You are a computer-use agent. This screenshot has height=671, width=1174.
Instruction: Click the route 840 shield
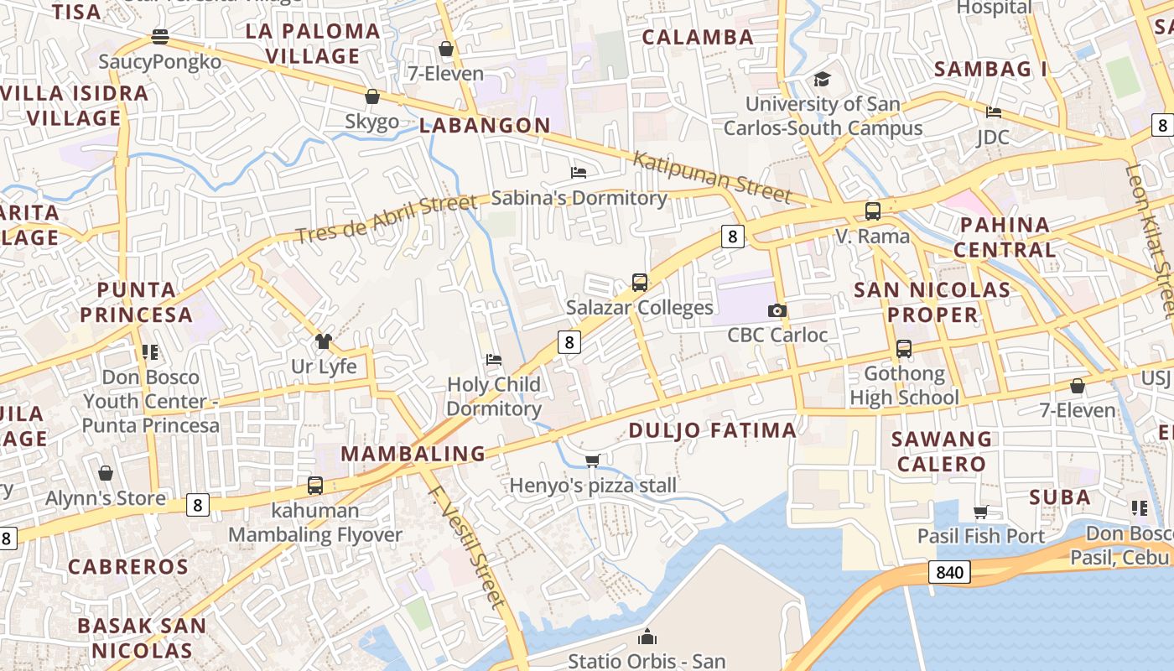coord(949,572)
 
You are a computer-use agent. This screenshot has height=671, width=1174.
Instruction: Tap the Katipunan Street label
coord(712,177)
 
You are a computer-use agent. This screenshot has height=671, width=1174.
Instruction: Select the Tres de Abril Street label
coord(385,220)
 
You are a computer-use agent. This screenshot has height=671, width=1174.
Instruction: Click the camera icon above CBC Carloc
coord(777,311)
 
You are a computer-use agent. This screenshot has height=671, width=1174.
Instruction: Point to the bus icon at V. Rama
coord(873,211)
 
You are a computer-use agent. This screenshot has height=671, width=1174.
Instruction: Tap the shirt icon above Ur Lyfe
coord(324,341)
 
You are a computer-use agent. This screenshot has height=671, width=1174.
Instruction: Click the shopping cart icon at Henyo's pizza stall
coord(593,460)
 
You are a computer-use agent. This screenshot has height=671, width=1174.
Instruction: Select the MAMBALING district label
coord(413,454)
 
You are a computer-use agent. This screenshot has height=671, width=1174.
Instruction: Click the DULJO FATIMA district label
coord(712,431)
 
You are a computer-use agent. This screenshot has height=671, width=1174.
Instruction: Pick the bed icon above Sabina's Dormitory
coord(579,173)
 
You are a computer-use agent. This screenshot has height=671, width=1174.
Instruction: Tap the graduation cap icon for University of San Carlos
coord(822,80)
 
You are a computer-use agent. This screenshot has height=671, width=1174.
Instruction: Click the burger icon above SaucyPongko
coord(160,37)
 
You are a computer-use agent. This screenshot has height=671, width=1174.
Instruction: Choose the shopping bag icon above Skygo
coord(372,97)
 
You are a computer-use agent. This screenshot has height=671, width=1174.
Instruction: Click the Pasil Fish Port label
coord(981,536)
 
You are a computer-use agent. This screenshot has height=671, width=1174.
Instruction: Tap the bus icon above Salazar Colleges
coord(640,283)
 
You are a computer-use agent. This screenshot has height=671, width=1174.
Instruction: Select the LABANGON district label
coord(485,126)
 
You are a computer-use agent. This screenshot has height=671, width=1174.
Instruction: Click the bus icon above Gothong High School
coord(904,348)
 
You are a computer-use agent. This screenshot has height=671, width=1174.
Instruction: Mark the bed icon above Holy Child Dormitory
coord(494,360)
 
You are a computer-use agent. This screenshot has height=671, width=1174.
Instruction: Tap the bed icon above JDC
coord(994,112)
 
